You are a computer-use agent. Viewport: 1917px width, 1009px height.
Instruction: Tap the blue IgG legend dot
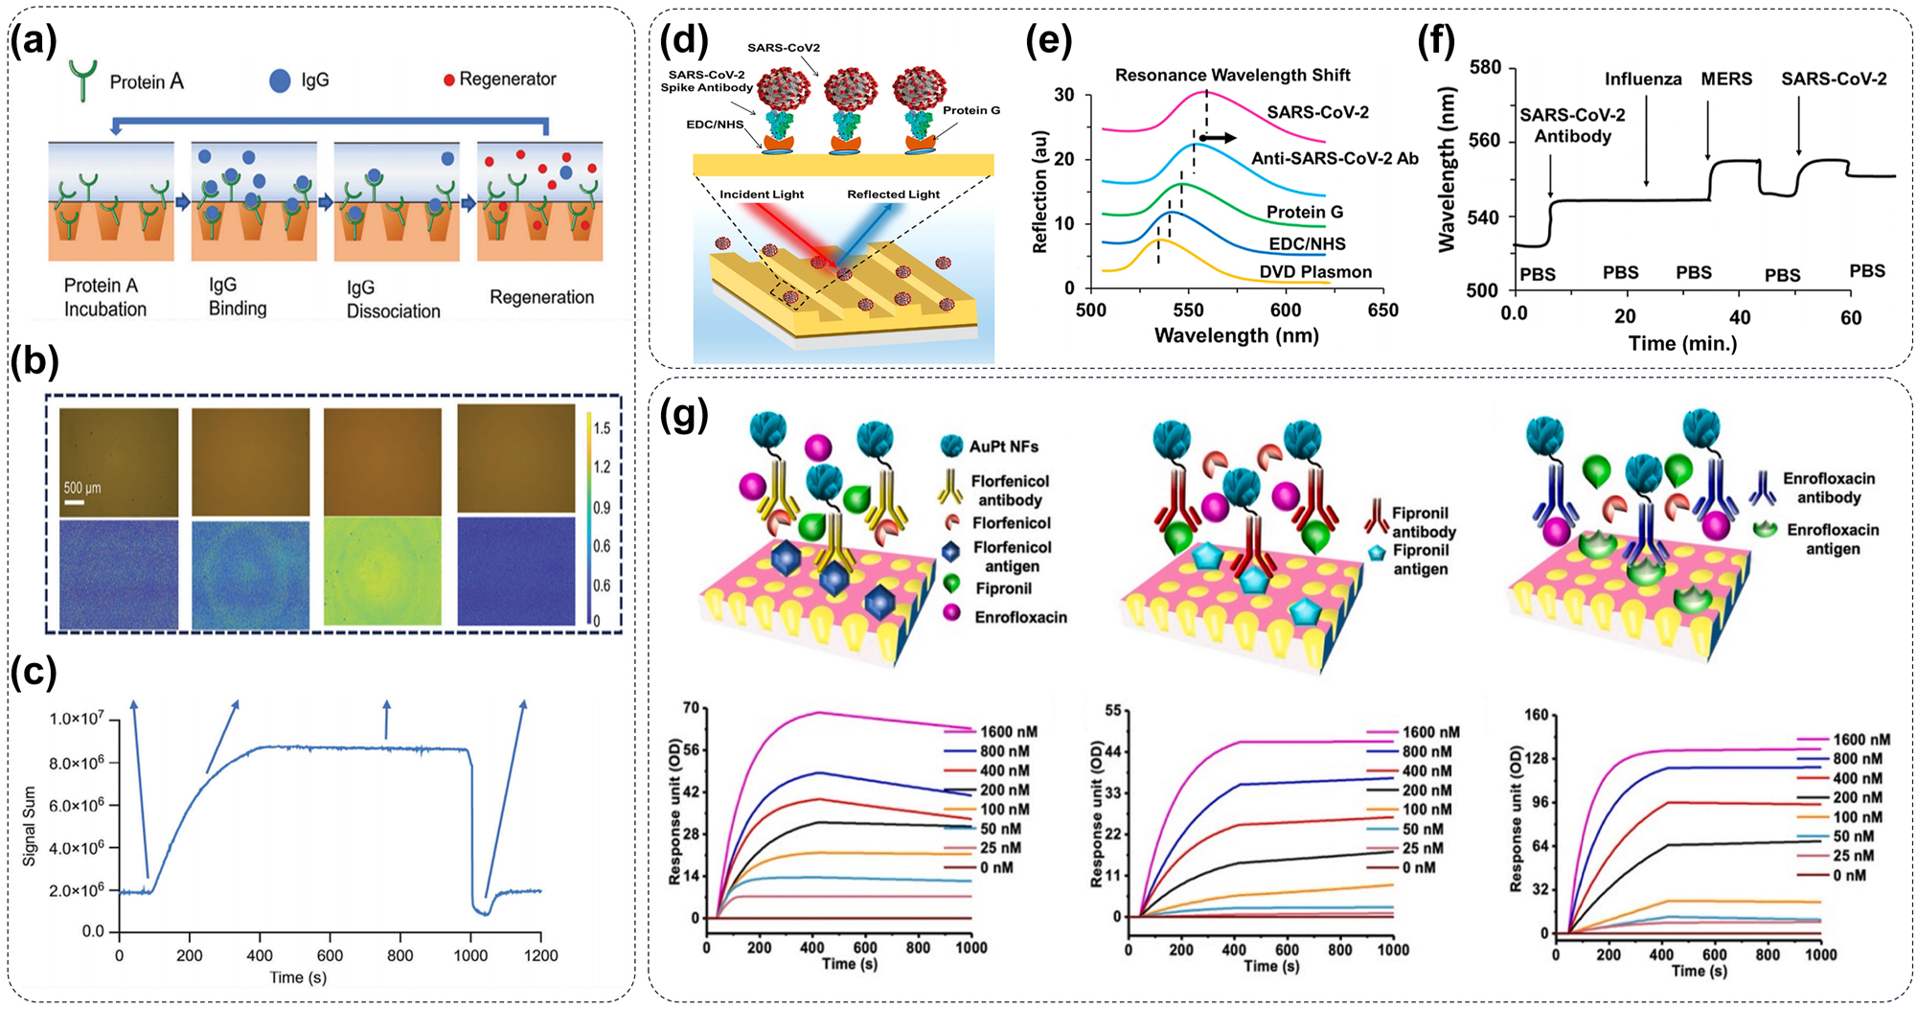280,80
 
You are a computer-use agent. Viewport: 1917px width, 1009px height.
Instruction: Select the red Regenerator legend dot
448,80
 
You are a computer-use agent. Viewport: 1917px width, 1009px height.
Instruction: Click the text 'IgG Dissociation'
393,299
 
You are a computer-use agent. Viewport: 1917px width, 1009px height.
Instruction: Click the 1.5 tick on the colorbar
602,427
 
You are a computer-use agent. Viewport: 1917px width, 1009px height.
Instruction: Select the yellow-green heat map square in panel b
382,574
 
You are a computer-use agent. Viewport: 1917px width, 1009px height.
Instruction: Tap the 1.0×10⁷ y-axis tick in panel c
77,719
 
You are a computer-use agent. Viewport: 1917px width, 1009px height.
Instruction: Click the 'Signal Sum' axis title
29,826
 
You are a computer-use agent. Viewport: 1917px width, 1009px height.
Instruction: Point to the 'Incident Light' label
762,195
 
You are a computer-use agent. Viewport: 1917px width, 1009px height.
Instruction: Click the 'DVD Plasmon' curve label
1314,272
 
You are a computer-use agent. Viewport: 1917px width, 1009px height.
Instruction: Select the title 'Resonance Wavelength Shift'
1232,75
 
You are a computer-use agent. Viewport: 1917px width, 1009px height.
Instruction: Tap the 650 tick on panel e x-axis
1382,310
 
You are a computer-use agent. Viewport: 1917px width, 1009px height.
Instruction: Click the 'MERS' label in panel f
1726,80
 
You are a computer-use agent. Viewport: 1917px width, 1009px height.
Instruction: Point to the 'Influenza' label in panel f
1643,80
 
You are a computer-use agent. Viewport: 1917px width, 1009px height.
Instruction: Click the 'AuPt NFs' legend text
1003,447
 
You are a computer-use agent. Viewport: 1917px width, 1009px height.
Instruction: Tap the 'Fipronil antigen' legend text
1420,560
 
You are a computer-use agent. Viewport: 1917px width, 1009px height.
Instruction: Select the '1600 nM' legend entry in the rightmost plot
1861,740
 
